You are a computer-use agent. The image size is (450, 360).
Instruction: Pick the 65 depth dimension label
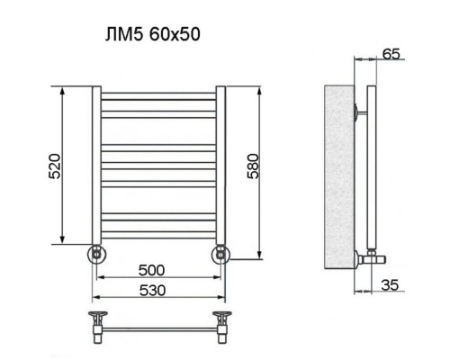point(390,54)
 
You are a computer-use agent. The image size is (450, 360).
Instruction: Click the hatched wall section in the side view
point(340,180)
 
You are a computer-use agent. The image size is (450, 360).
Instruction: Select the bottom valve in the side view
point(368,256)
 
